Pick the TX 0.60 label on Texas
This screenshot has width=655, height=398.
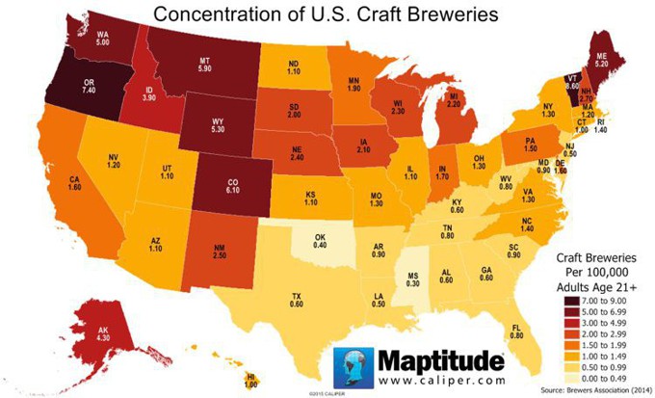coord(298,300)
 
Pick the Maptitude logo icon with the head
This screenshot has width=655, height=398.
coord(353,368)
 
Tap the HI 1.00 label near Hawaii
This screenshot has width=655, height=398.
coord(250,379)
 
